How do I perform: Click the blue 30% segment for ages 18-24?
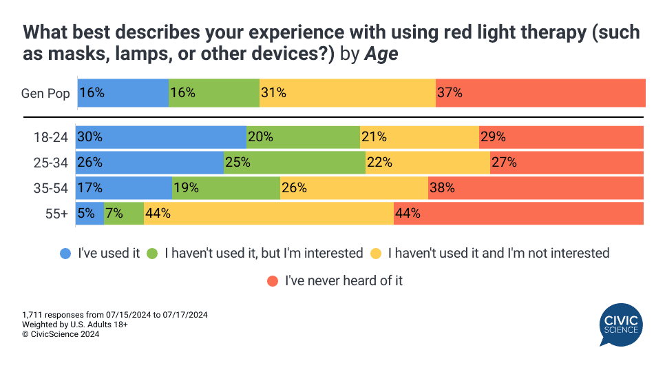click(161, 137)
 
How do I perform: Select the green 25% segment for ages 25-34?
click(295, 163)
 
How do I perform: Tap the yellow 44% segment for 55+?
click(268, 214)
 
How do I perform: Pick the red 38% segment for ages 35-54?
click(536, 188)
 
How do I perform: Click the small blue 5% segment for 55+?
click(90, 214)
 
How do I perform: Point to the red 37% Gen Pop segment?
click(540, 93)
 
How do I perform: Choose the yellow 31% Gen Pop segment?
click(348, 93)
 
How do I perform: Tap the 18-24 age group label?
click(52, 138)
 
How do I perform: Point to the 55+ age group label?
click(56, 214)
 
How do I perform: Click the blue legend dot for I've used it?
click(65, 253)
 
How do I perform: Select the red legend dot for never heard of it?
click(272, 280)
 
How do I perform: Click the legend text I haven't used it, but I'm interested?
click(264, 253)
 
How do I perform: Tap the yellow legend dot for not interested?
click(376, 253)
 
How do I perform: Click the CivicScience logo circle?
click(622, 326)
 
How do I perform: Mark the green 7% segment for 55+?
click(124, 214)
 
